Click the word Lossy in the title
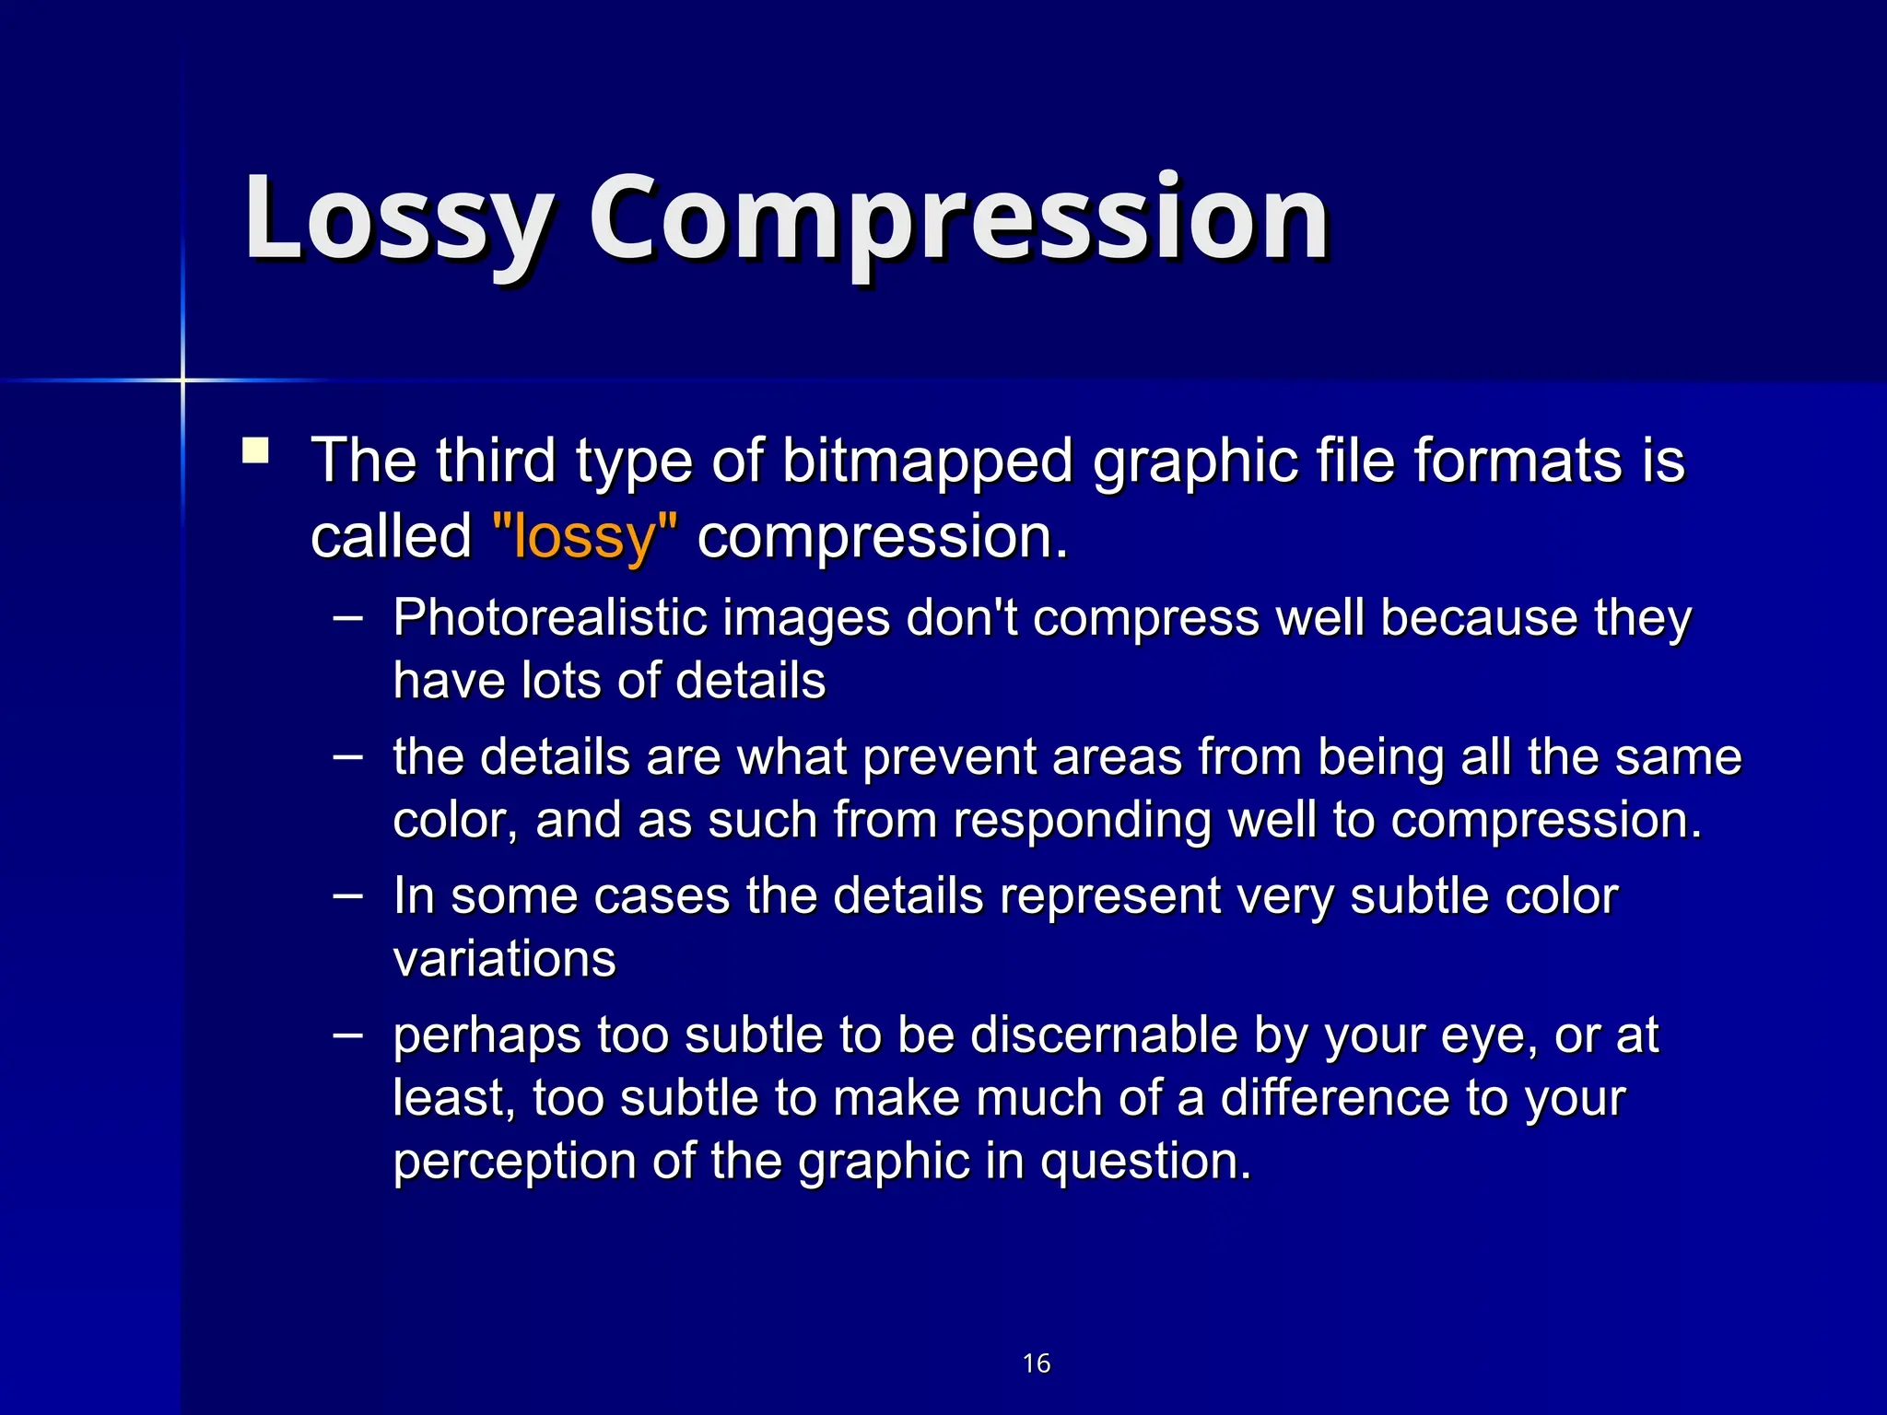pos(398,219)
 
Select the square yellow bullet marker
pos(255,451)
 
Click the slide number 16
pos(1037,1362)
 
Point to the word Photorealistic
pos(549,617)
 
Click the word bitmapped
pos(927,461)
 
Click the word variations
pos(504,959)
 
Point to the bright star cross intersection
pos(182,380)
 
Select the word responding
pos(1082,820)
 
